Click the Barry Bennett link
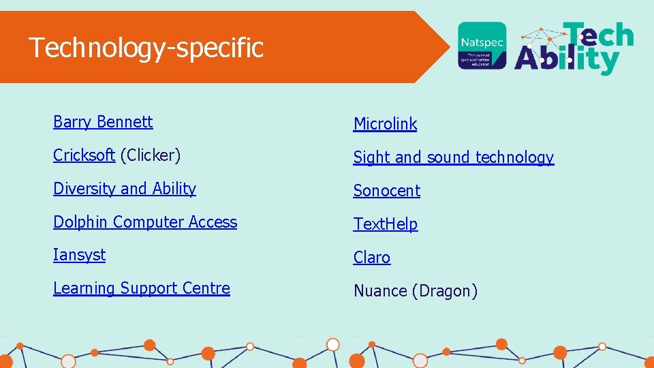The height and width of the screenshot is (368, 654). point(103,122)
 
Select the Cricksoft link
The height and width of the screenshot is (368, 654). point(84,155)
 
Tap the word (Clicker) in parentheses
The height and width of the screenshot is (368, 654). point(151,155)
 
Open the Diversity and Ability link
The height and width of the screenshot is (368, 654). point(125,189)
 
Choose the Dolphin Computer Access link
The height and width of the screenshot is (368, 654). point(145,222)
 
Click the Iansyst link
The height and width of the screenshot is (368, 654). point(80,255)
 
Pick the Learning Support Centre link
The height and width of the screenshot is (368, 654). point(142,288)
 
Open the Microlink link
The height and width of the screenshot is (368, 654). point(385,124)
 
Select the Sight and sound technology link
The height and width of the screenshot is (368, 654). point(453,157)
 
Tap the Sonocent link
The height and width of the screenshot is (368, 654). point(386,191)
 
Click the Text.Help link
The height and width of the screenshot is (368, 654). point(385,224)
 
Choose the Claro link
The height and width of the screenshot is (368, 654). point(371,258)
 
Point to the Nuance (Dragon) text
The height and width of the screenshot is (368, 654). point(415,291)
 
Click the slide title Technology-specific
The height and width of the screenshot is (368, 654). point(146,48)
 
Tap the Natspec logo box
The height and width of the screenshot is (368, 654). point(482,45)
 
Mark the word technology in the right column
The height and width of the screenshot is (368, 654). point(514,157)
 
